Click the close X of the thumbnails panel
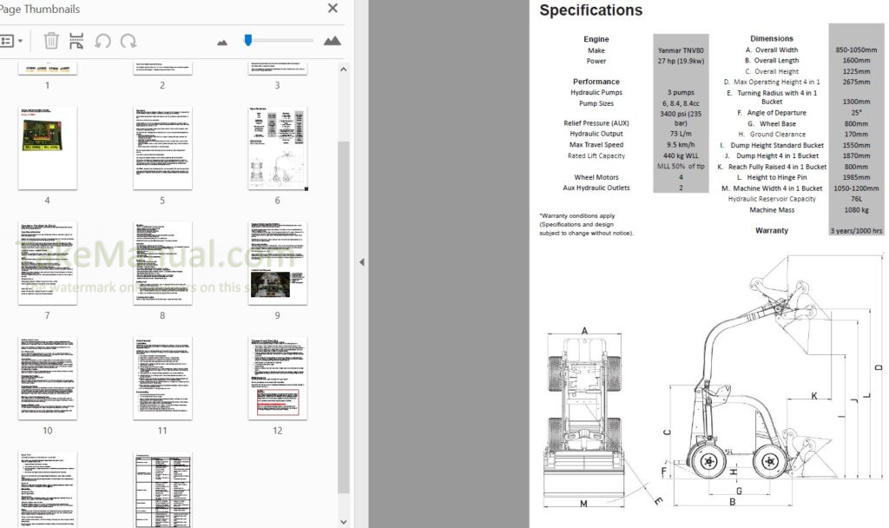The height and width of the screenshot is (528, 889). click(333, 9)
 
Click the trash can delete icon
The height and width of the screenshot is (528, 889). click(51, 41)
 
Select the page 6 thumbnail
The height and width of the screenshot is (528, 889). click(277, 148)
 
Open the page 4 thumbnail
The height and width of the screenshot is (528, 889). click(47, 148)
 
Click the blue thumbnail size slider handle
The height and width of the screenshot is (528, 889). click(247, 40)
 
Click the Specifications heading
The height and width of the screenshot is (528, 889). click(590, 11)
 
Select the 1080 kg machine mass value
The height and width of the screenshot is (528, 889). click(857, 210)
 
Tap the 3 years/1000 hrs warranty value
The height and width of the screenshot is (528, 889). click(857, 231)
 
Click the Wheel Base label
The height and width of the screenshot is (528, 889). click(777, 124)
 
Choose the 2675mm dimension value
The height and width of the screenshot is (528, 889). click(857, 82)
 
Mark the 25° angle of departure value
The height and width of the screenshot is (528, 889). click(857, 113)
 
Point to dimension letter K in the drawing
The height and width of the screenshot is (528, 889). click(813, 396)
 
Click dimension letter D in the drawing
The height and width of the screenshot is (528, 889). click(879, 368)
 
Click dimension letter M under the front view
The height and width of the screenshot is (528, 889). click(583, 504)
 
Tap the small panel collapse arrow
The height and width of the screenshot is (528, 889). click(362, 261)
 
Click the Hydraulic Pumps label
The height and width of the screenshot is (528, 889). click(596, 92)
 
